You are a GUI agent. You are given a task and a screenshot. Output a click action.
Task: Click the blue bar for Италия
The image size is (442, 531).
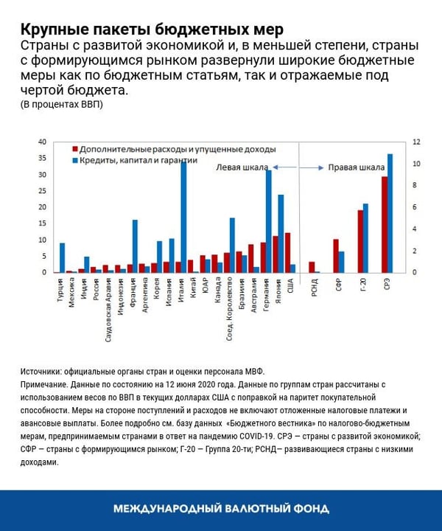coord(183,218)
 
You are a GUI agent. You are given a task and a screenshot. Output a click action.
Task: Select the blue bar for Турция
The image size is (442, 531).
coord(63,258)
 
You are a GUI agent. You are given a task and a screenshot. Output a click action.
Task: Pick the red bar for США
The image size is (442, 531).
coord(287,253)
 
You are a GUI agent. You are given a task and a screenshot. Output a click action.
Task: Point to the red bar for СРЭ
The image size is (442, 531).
coord(384,225)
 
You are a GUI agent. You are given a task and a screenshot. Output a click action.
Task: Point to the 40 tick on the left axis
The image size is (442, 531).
coord(42,142)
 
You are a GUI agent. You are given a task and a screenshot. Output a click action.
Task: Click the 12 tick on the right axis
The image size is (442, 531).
coord(416,142)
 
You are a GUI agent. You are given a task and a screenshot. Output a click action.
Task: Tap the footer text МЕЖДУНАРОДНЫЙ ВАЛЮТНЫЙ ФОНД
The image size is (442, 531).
coord(221,509)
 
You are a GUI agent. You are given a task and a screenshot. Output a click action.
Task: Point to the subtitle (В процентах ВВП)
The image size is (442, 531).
coord(61,104)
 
